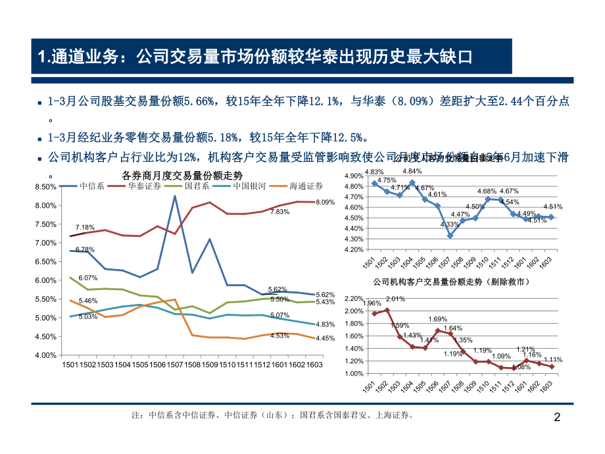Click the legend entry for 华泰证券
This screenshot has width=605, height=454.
click(144, 186)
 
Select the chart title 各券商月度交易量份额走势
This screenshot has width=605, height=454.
click(182, 175)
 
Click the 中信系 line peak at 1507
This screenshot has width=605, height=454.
click(174, 196)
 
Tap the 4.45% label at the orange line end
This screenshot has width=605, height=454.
click(326, 338)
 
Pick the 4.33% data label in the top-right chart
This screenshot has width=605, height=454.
click(449, 224)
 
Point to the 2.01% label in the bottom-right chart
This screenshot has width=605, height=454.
click(396, 299)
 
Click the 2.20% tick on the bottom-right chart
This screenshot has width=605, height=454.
click(354, 299)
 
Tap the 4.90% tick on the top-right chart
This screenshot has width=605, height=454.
click(354, 176)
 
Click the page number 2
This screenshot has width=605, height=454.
click(558, 417)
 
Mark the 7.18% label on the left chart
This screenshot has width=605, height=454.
click(85, 227)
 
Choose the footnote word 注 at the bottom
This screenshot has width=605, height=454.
click(137, 416)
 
